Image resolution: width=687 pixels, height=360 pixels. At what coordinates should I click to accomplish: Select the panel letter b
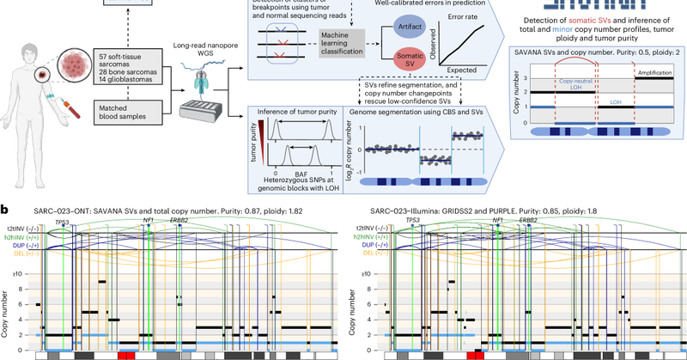[6, 209]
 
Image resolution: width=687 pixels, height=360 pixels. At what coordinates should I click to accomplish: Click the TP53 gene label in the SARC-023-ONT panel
[62, 222]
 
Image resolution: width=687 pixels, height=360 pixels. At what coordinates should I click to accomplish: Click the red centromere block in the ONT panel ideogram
[126, 354]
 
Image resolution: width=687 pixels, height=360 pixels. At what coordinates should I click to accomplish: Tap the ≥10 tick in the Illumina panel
[368, 273]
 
